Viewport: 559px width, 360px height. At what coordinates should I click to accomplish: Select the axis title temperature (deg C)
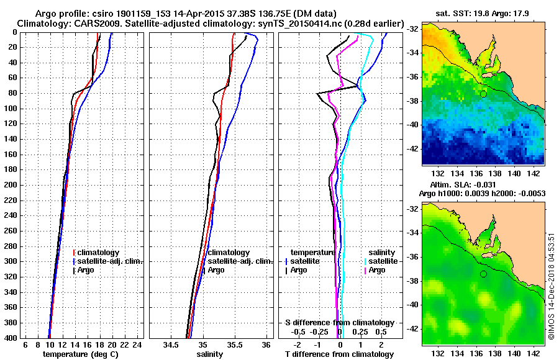coord(80,354)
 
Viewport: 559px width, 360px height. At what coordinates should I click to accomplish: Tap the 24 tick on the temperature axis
coord(138,345)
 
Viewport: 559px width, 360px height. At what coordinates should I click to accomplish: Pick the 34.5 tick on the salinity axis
coord(170,345)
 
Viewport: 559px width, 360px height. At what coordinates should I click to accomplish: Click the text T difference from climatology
coord(339,354)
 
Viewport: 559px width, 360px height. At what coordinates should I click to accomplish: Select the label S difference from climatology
coord(339,323)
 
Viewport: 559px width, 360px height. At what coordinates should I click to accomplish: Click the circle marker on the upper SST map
coord(483,94)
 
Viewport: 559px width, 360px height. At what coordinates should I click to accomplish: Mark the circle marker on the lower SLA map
coord(483,274)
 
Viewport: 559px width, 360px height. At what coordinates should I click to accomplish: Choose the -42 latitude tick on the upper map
coord(412,150)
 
